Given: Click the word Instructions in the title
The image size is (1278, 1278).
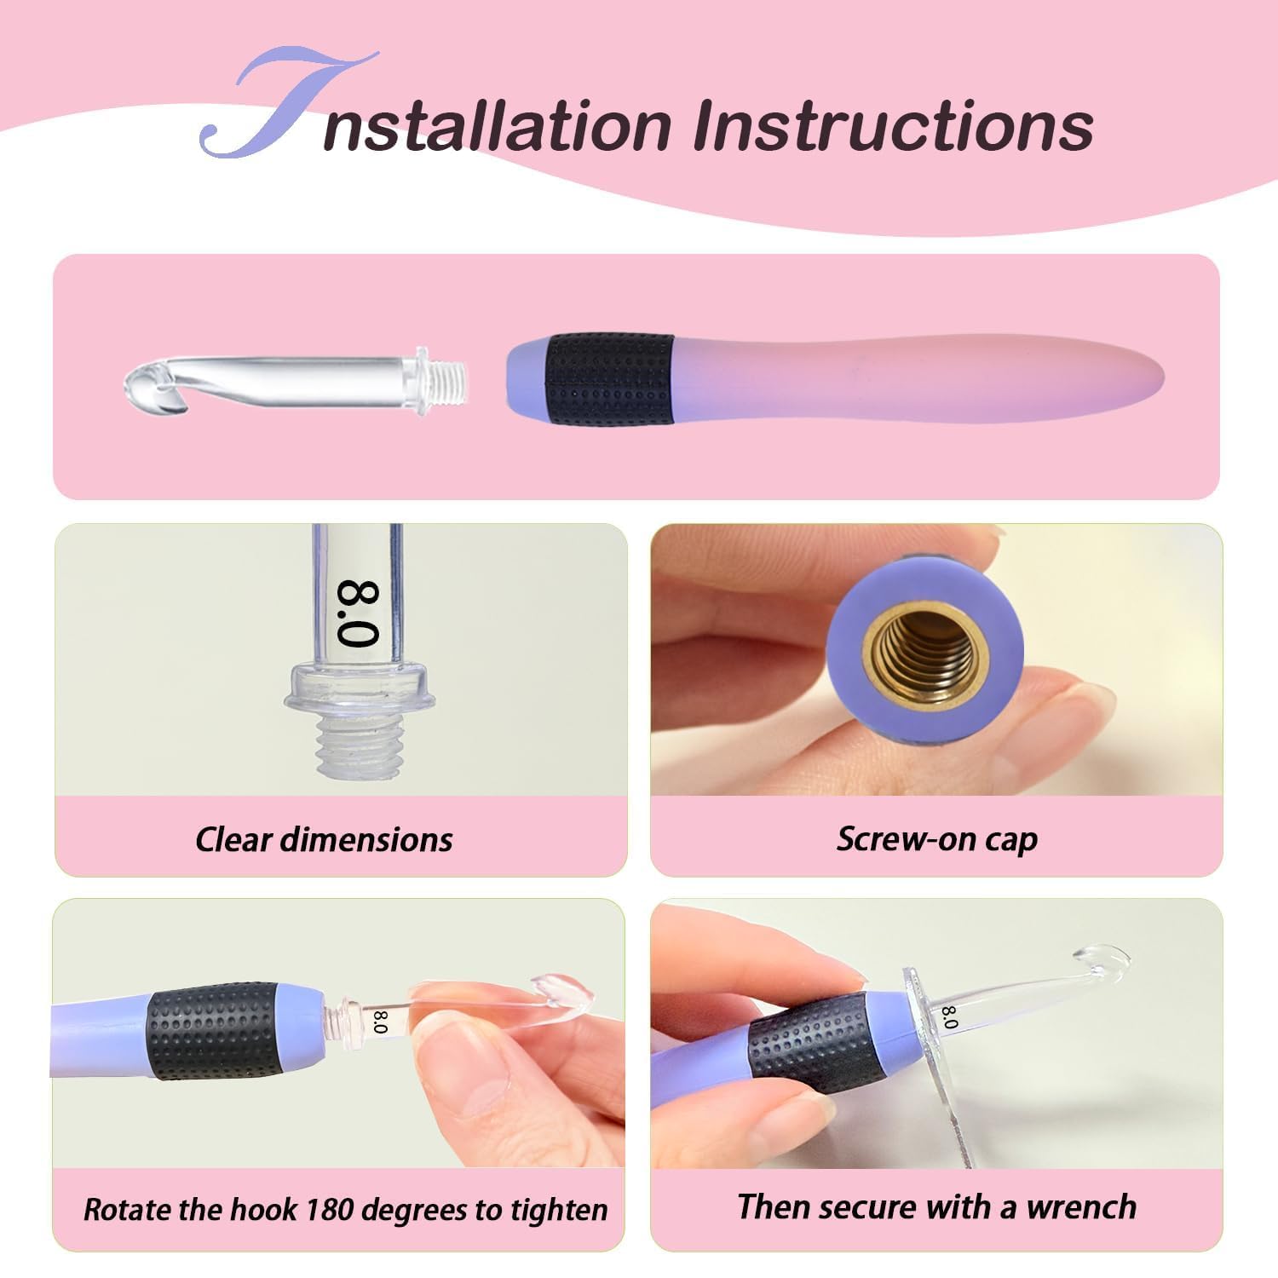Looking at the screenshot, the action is (x=892, y=126).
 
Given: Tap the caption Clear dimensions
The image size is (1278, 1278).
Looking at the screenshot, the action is (x=324, y=839).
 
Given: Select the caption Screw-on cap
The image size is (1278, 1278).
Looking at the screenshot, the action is (x=937, y=839).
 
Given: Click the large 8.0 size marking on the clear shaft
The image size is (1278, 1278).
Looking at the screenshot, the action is (x=357, y=613).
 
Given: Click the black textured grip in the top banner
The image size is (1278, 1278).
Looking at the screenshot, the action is (x=610, y=379).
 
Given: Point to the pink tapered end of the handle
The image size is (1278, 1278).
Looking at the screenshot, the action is (x=1108, y=378).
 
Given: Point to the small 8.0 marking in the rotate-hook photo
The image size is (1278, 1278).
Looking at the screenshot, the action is (x=380, y=1022).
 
